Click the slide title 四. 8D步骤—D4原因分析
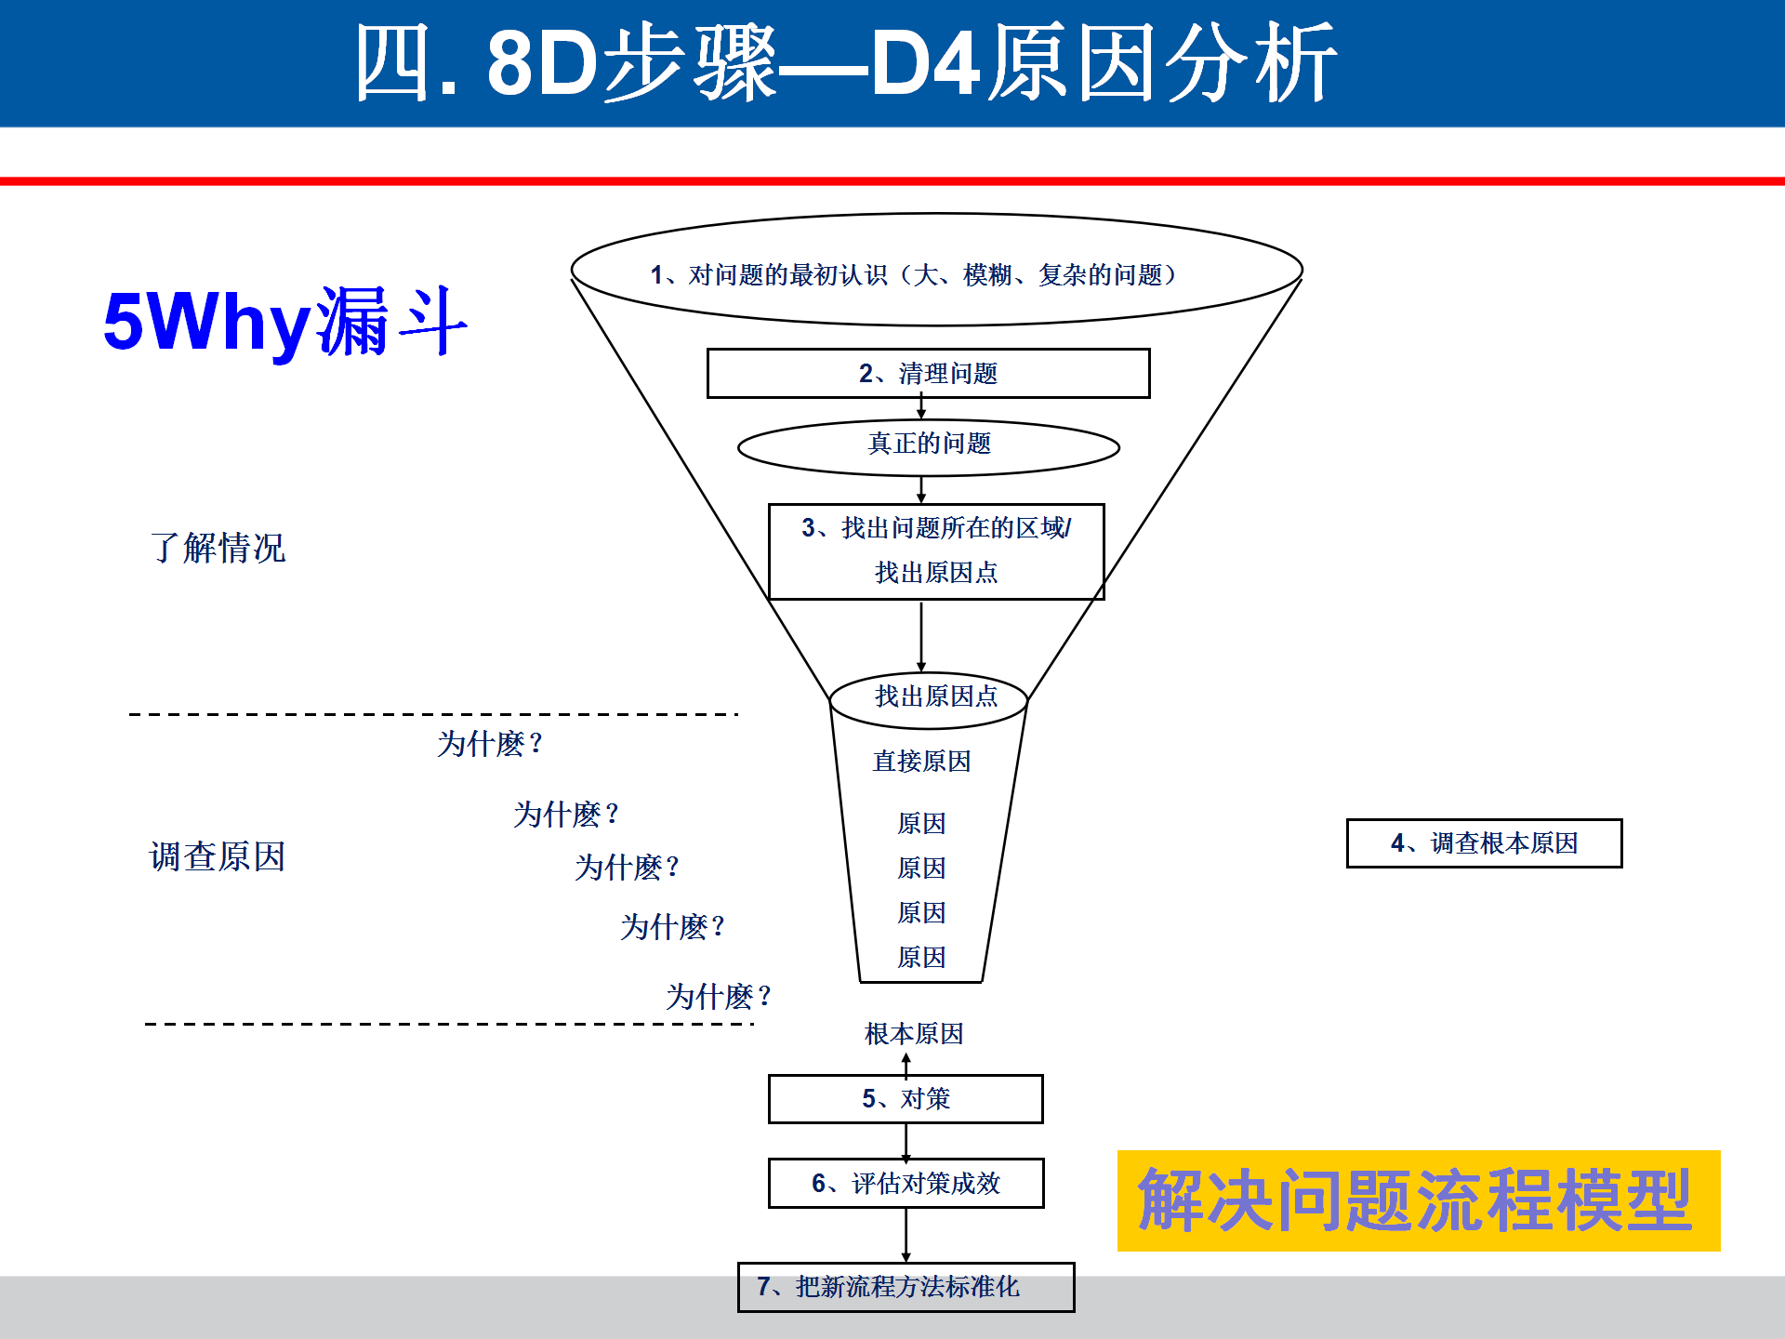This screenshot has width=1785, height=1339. pos(844,63)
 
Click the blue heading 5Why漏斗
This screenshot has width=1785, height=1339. pos(284,322)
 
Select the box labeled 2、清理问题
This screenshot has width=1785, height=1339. pos(928,374)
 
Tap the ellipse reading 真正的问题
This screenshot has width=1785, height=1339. pos(928,444)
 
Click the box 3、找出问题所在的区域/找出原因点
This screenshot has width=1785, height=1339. pos(935,550)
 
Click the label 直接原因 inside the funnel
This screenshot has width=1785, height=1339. pos(921,762)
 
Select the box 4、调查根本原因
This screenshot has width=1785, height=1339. pos(1484,843)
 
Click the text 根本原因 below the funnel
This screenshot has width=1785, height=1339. pos(914,1034)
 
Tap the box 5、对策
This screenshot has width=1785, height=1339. pos(906,1099)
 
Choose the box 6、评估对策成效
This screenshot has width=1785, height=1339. pos(906,1183)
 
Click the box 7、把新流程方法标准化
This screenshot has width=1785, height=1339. pos(906,1287)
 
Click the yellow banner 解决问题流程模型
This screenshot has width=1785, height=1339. pos(1417,1200)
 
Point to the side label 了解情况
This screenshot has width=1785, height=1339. pos(218,548)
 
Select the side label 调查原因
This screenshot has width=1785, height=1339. pos(218,856)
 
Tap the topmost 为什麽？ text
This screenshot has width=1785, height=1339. pos(489,744)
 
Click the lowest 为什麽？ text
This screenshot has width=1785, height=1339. pos(718,997)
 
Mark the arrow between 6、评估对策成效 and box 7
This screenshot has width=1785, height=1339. pos(906,1235)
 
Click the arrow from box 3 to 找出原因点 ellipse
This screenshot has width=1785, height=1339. pos(921,637)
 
